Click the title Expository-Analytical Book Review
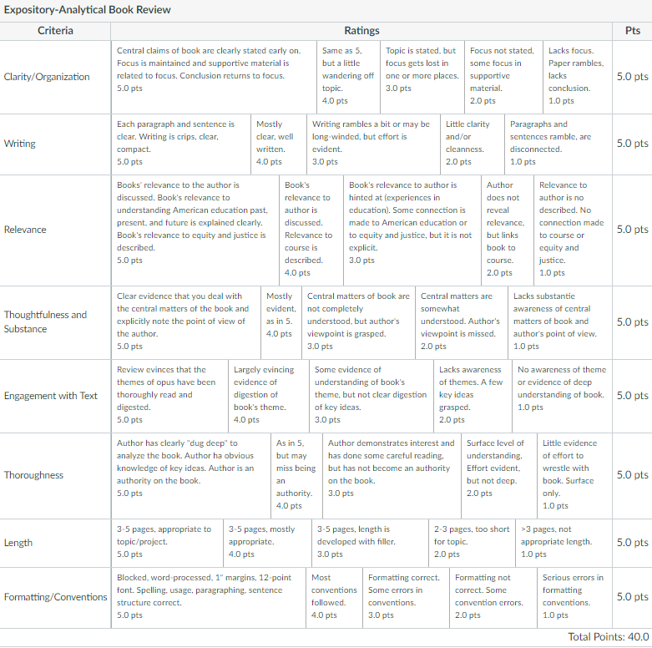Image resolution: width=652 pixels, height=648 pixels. click(x=88, y=10)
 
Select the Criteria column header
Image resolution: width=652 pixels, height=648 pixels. click(x=55, y=31)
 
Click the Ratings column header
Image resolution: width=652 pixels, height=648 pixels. click(x=361, y=31)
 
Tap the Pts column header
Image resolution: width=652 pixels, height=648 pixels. click(x=632, y=31)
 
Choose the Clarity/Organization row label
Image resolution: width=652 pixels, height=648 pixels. click(x=47, y=77)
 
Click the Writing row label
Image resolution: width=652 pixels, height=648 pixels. click(x=20, y=144)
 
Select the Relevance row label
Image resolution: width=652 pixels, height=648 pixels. click(x=25, y=230)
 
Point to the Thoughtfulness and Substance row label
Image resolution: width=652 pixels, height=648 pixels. click(x=46, y=321)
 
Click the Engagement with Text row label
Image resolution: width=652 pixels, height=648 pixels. click(x=51, y=396)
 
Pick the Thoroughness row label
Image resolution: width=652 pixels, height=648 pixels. click(x=33, y=475)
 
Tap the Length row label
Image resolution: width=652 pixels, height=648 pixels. click(x=18, y=543)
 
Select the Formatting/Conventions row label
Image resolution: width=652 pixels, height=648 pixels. click(x=56, y=597)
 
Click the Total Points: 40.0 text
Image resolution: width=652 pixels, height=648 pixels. click(x=608, y=636)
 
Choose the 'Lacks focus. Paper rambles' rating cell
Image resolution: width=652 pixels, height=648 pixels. click(x=576, y=75)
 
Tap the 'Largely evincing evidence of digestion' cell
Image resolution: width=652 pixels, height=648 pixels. click(x=265, y=395)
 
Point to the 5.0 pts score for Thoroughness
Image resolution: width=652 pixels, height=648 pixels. click(x=632, y=475)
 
